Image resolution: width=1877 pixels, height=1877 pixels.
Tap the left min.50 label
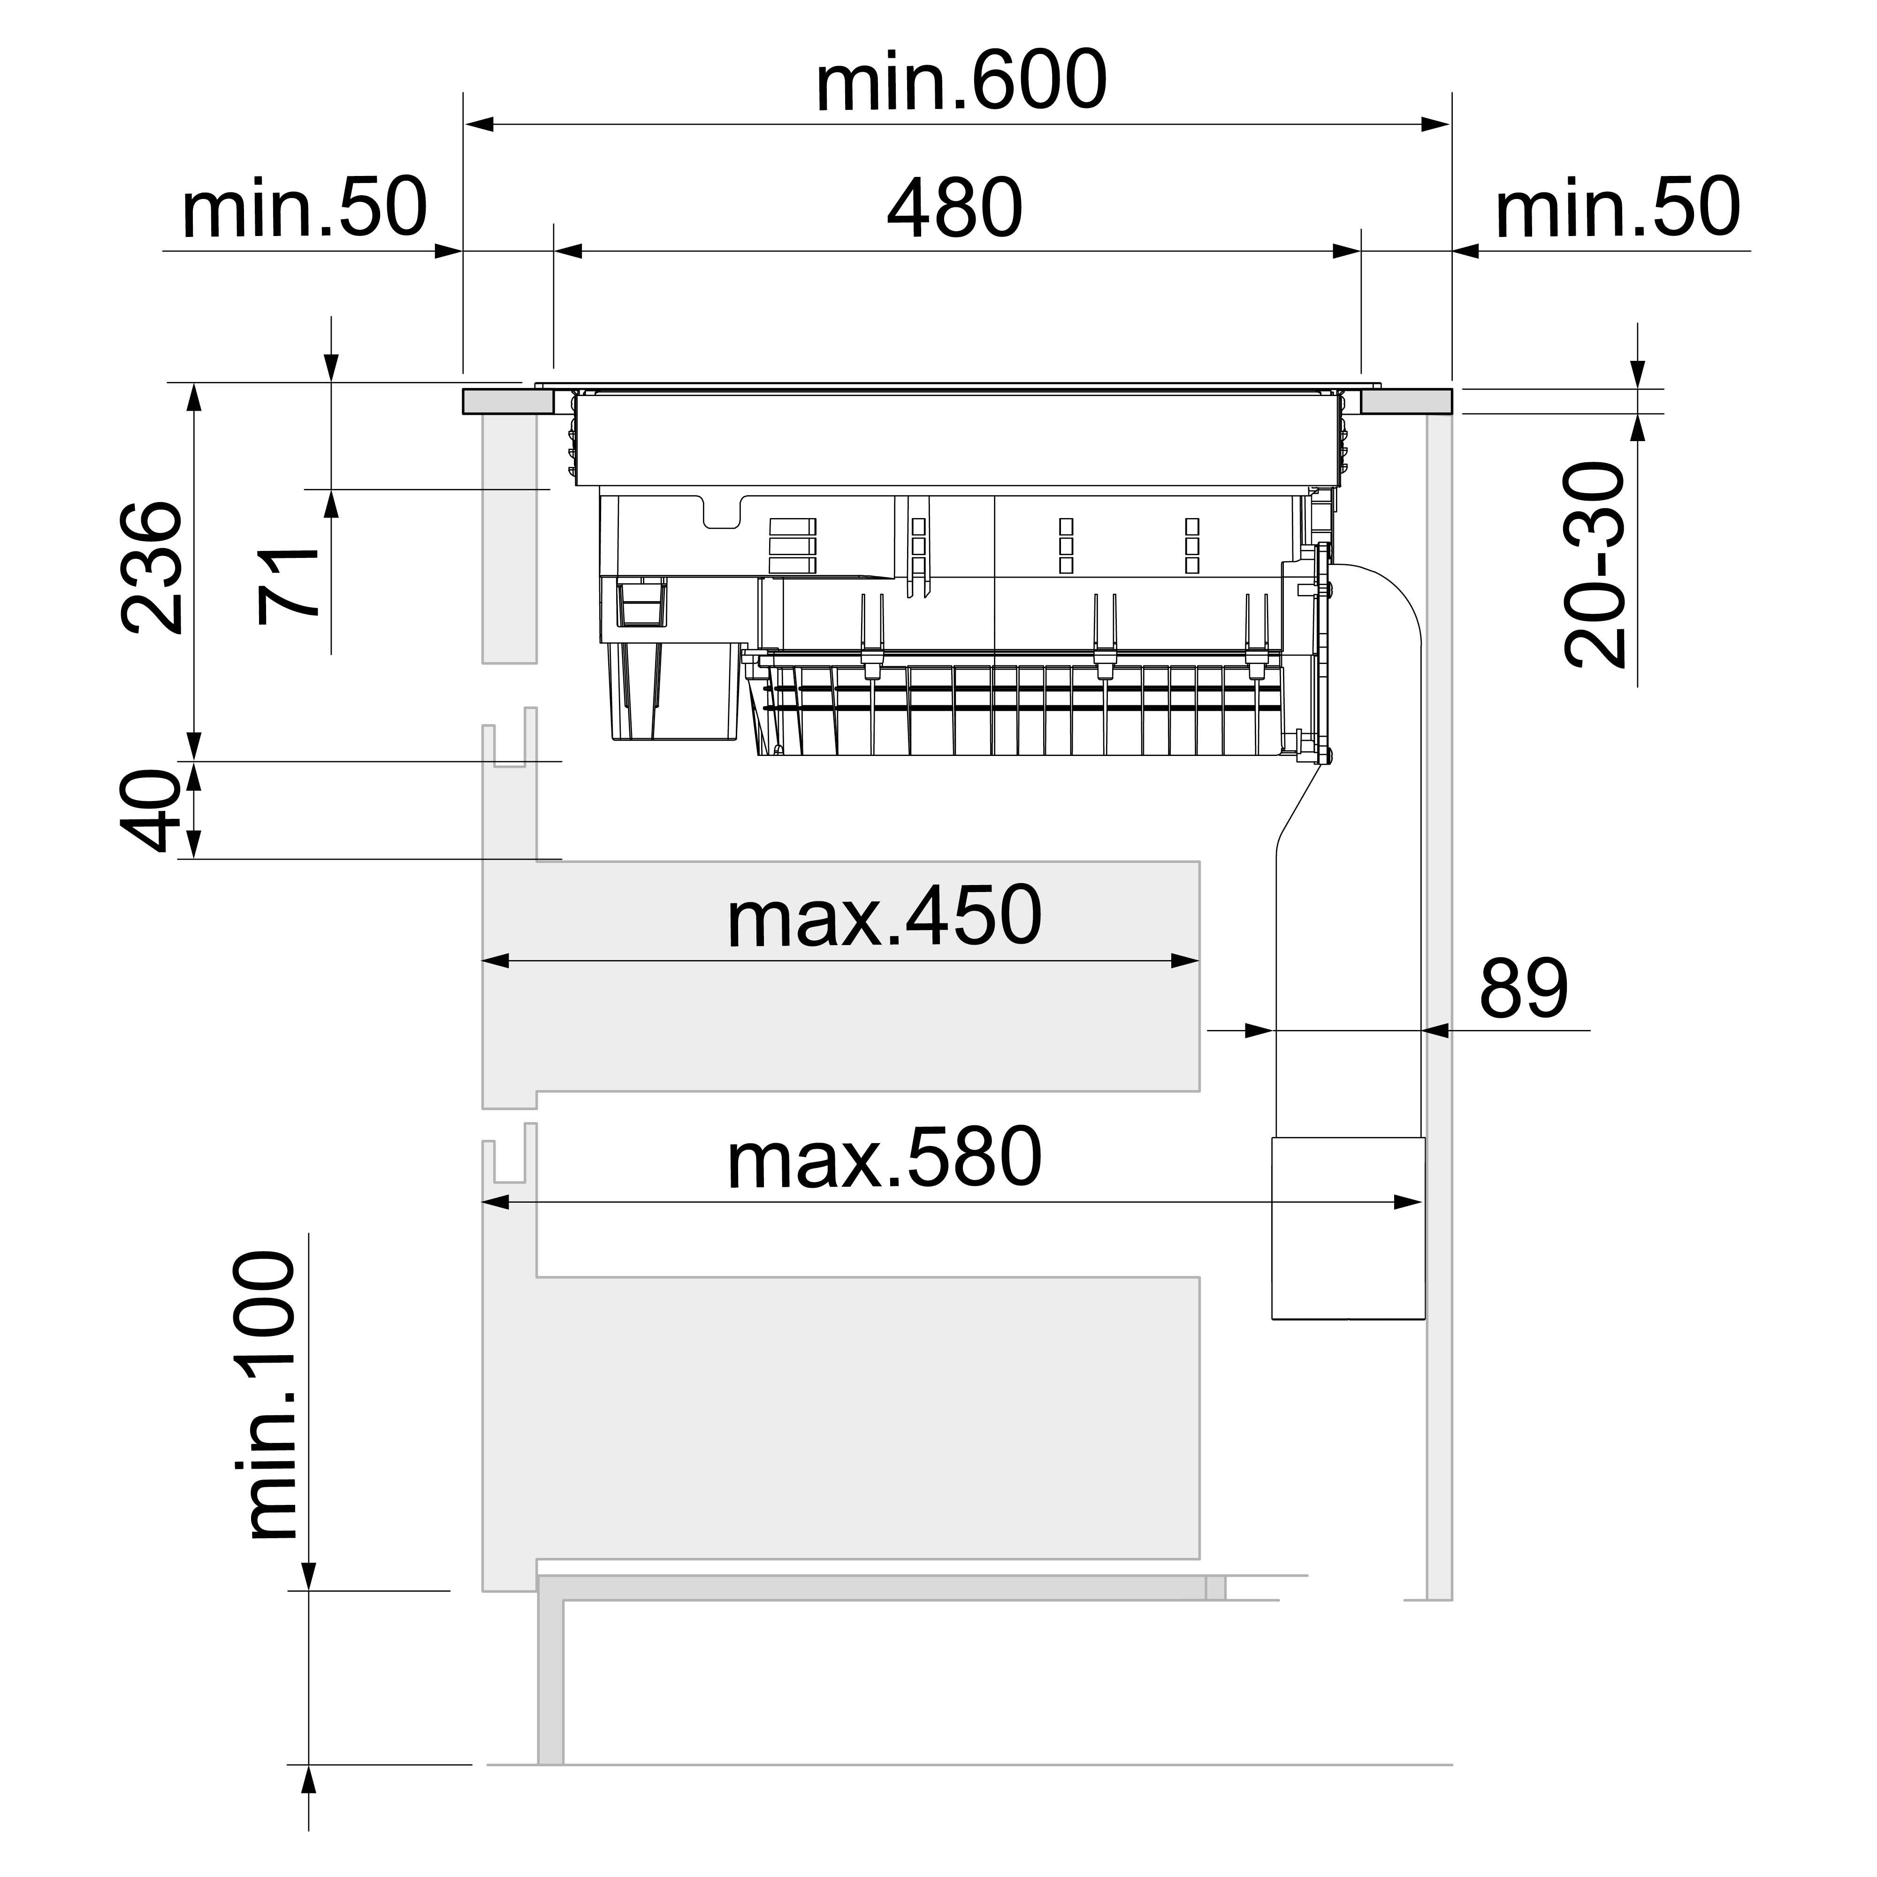pyautogui.click(x=304, y=209)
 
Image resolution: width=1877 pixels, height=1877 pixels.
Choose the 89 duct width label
pyautogui.click(x=1523, y=989)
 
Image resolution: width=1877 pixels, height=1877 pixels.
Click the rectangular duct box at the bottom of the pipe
pyautogui.click(x=1348, y=1229)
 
